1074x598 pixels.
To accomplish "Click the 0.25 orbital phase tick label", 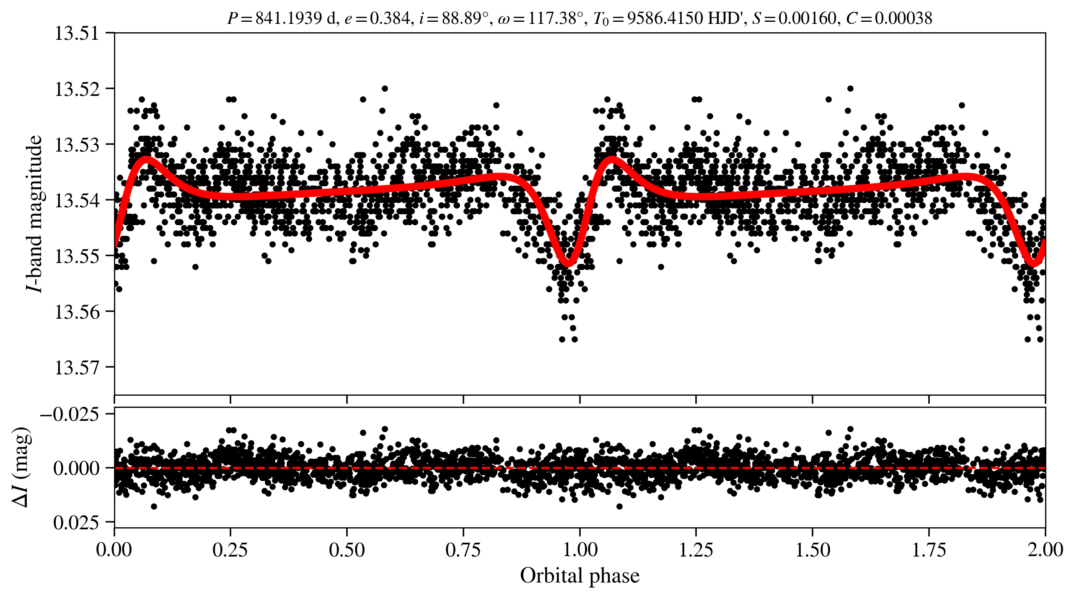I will point(230,550).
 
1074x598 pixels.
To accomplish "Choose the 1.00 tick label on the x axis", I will point(580,550).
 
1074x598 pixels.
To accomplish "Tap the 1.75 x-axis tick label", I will point(929,550).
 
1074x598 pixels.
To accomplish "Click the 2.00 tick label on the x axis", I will point(1045,550).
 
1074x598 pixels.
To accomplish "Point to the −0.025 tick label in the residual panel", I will point(69,415).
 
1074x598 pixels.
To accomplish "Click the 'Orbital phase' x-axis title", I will point(580,576).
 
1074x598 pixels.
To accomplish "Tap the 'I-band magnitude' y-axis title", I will point(34,214).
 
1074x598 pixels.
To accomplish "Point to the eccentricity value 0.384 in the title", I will point(389,18).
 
